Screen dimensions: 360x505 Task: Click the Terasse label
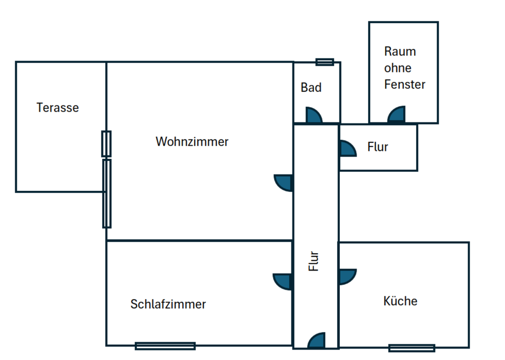[x=57, y=108]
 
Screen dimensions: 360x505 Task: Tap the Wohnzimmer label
[x=192, y=142]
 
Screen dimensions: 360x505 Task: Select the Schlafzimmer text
[x=168, y=304]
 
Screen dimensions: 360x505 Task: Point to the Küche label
[x=400, y=301]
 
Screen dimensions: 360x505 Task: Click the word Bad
[x=311, y=88]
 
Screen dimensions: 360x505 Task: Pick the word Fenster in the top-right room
[x=405, y=84]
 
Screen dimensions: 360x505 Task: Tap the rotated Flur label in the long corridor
[x=314, y=261]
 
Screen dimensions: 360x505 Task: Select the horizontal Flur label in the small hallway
[x=378, y=147]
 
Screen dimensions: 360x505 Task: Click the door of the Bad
[x=314, y=116]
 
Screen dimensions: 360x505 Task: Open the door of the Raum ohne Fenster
[x=397, y=115]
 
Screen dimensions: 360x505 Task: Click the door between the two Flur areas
[x=347, y=149]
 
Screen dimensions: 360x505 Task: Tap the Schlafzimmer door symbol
[x=283, y=281]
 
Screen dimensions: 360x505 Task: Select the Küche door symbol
[x=347, y=276]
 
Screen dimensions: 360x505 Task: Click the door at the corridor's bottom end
[x=317, y=341]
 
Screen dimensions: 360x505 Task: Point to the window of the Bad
[x=325, y=62]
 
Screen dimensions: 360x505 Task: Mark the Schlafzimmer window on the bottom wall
[x=165, y=346]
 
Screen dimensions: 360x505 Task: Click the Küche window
[x=411, y=347]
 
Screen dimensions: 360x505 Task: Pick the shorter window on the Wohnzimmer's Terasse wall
[x=106, y=143]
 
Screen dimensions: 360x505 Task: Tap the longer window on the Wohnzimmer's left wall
[x=107, y=193]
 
